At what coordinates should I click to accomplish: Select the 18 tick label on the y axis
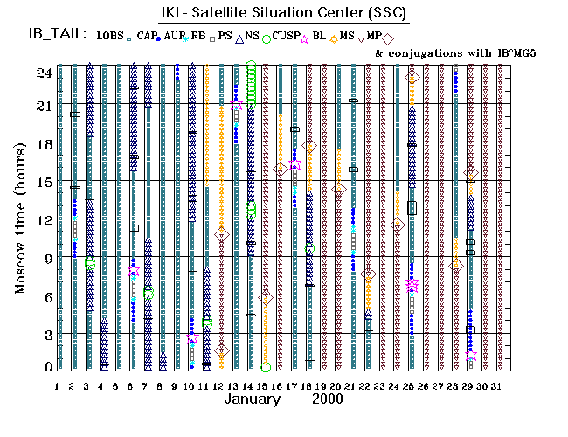click(x=44, y=143)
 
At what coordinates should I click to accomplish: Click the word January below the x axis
click(x=253, y=399)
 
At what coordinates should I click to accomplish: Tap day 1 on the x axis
click(x=57, y=385)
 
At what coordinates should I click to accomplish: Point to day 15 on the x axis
click(x=265, y=385)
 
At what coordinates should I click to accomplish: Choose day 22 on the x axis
click(x=368, y=385)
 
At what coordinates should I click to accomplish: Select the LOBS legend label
click(x=109, y=36)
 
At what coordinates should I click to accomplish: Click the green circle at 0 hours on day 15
click(x=265, y=367)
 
